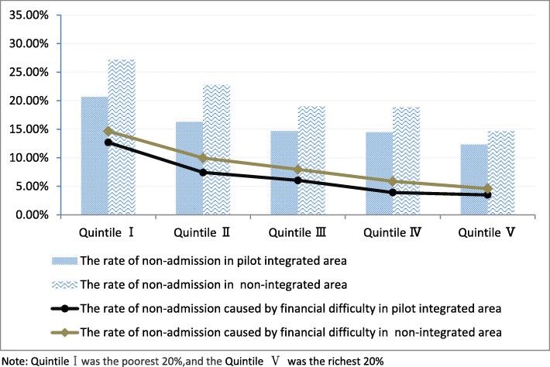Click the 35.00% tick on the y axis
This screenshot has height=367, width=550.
28,15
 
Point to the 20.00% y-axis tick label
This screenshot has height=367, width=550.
28,101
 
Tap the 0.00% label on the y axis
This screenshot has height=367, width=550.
30,214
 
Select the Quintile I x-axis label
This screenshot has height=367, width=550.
109,232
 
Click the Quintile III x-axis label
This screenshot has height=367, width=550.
298,232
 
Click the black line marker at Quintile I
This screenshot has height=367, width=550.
108,142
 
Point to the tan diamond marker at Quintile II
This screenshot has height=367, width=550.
203,158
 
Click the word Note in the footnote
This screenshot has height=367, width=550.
14,359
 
